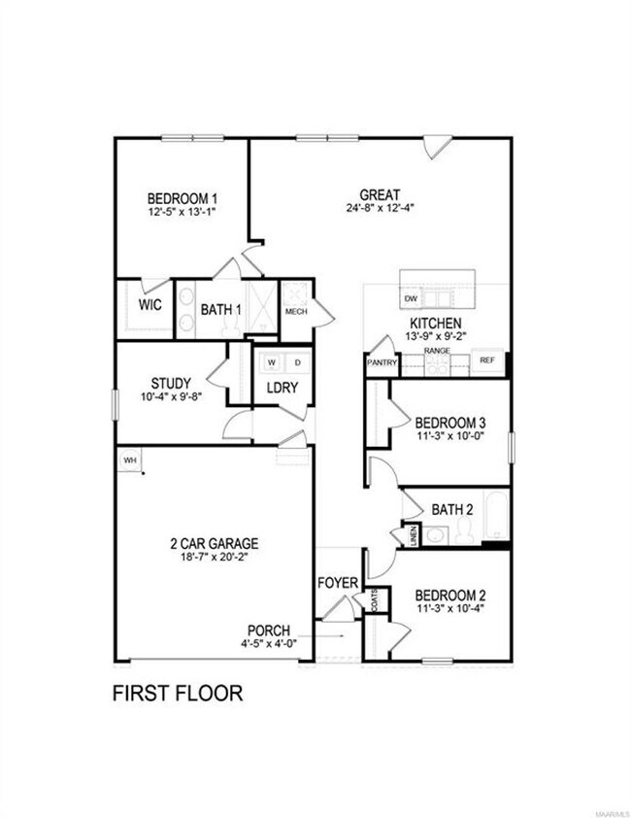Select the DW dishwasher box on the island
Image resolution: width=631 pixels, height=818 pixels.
[x=410, y=298]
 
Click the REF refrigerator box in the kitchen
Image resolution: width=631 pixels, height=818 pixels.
[x=487, y=360]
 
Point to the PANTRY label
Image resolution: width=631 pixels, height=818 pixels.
[x=379, y=361]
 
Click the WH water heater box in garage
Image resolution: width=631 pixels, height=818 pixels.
[x=128, y=459]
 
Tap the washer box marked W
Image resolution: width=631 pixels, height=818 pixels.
[x=271, y=362]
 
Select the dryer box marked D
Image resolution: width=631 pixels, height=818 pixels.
[x=297, y=362]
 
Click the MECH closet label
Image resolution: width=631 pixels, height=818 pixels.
[x=296, y=312]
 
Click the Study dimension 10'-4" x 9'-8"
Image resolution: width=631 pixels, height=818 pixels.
[x=170, y=396]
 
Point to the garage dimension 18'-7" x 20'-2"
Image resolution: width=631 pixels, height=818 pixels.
[x=211, y=558]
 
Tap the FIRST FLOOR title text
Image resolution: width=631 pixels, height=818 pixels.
[x=178, y=694]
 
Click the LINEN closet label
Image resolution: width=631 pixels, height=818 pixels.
[x=414, y=536]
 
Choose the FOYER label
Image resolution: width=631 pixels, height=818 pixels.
[x=338, y=583]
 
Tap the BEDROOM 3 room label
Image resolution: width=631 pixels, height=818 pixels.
[x=449, y=423]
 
